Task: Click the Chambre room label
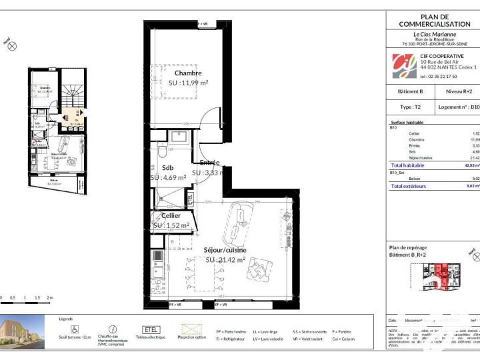point(188,73)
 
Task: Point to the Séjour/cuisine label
point(225,251)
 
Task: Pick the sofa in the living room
point(239,223)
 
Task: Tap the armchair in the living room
point(258,268)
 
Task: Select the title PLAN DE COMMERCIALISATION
point(435,20)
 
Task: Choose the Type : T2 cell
point(410,107)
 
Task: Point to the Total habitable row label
point(407,165)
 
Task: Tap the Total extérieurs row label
point(409,186)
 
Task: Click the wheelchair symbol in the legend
point(75,329)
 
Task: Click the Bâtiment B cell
point(411,91)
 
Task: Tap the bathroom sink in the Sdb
point(178,137)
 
